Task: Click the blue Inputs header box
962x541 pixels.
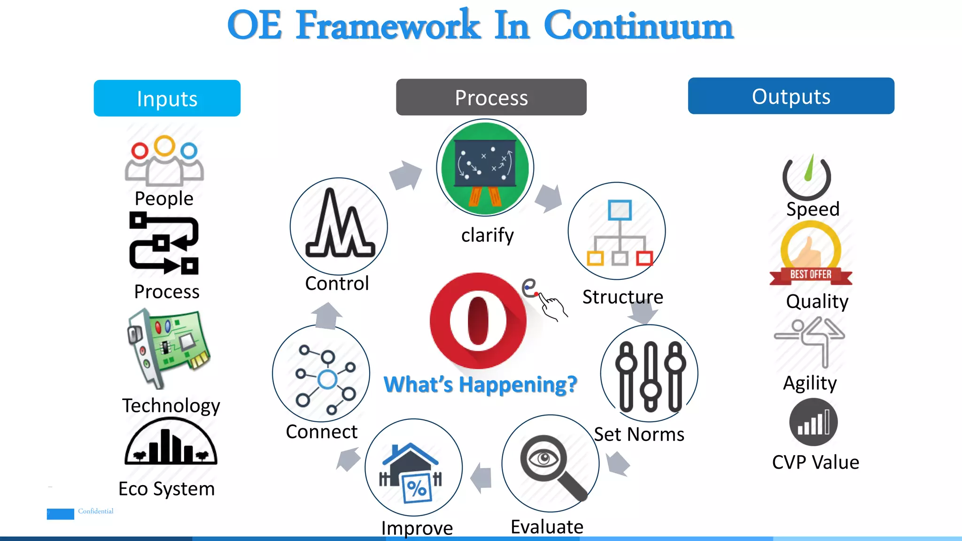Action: (167, 98)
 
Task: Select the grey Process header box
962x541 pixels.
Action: (491, 97)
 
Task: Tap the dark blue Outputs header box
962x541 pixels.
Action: (791, 96)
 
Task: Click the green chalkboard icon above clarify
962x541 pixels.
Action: (485, 168)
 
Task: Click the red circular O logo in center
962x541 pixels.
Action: (478, 321)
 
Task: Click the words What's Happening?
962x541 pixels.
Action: (480, 385)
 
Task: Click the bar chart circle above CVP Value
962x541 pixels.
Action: (813, 422)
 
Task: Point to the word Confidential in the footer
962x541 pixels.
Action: (96, 511)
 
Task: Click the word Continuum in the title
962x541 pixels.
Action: (638, 26)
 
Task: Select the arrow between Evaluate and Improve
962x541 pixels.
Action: (481, 478)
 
